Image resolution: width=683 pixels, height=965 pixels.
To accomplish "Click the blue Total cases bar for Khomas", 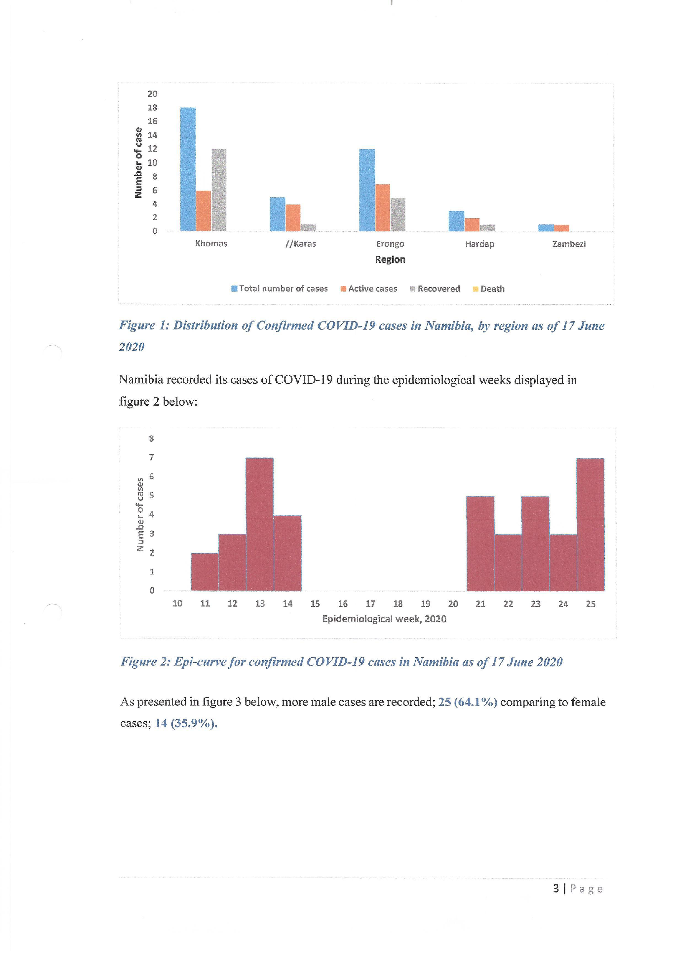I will pos(188,169).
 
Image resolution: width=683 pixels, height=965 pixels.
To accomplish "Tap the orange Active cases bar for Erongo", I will pos(382,208).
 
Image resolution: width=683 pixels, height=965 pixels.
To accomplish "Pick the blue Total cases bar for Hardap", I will pos(456,221).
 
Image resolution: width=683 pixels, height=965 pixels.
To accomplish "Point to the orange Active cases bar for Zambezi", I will pos(561,228).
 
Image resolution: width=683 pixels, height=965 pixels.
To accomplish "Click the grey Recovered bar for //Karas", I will pos(308,227).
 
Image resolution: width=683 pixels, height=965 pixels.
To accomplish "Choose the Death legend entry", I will pos(489,289).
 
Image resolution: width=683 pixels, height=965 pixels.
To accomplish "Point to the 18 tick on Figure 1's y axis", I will pos(152,108).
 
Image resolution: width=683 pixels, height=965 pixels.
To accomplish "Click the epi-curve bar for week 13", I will pos(259,524).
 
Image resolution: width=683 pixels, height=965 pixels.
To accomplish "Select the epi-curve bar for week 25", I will pos(590,525).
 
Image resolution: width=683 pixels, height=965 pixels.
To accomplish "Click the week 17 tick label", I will pos(370,604).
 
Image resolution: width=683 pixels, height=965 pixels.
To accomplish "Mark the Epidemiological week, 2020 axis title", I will pos(384,619).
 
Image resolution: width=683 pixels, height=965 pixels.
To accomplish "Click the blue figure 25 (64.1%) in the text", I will pos(468,702).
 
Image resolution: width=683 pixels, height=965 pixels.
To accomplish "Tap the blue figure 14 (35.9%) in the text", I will pos(186,723).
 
